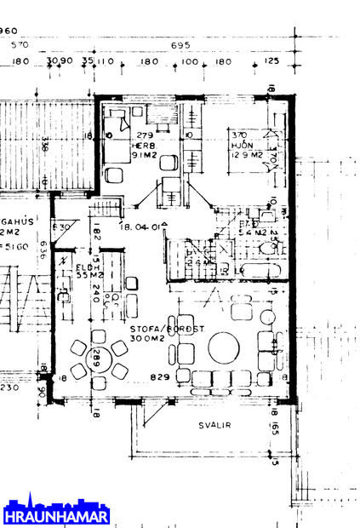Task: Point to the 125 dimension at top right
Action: coord(271,62)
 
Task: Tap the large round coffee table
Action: coord(226,347)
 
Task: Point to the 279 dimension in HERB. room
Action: coord(143,135)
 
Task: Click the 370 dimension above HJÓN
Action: coord(239,135)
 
